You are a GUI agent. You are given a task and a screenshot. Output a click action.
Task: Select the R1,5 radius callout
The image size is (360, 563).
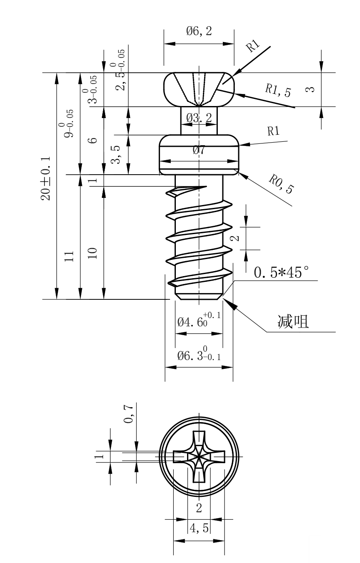[278, 89]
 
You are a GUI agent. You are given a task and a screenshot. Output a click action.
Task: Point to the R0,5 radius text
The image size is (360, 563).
[281, 185]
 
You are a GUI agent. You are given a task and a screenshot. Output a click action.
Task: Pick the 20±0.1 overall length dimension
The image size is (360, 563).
[46, 179]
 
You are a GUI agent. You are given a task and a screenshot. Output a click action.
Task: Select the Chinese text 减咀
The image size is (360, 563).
[293, 321]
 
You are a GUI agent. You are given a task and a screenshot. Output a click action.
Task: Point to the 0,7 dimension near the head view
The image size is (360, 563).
[130, 414]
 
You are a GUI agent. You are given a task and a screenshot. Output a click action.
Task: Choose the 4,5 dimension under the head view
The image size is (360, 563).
[199, 528]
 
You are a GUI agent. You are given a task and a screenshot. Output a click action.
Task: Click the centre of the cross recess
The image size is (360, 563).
[199, 457]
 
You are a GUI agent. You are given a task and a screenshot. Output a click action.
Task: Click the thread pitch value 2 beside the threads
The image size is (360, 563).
[236, 238]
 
